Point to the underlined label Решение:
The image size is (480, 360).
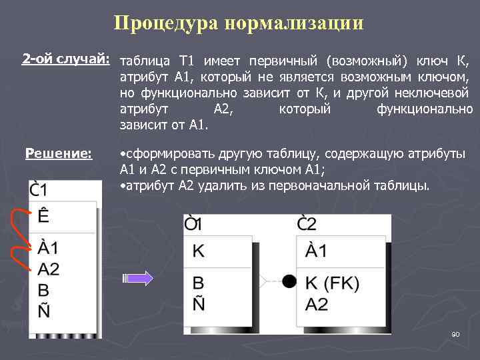pyautogui.click(x=59, y=154)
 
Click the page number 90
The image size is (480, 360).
pyautogui.click(x=456, y=333)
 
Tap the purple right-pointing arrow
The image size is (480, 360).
pyautogui.click(x=140, y=279)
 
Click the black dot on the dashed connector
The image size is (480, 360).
pyautogui.click(x=289, y=281)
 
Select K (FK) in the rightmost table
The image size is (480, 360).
pyautogui.click(x=333, y=283)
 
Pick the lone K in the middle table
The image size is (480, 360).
pyautogui.click(x=199, y=251)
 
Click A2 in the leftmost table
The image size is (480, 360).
pyautogui.click(x=49, y=269)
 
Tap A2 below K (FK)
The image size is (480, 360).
pyautogui.click(x=317, y=304)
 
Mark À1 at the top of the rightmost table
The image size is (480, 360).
pyautogui.click(x=316, y=251)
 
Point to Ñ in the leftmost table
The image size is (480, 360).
pyautogui.click(x=44, y=311)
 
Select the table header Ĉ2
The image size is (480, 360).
pyautogui.click(x=307, y=222)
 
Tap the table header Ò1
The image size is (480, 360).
pyautogui.click(x=194, y=222)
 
